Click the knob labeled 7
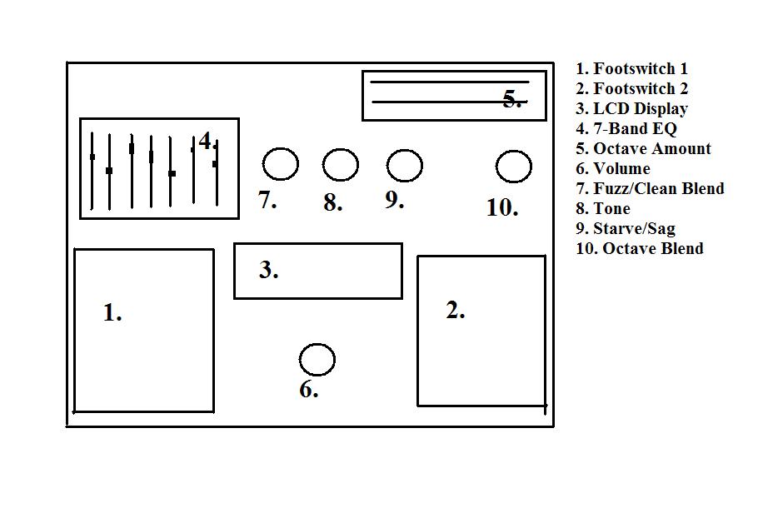pos(280,164)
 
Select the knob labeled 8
pos(340,165)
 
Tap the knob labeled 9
pos(404,165)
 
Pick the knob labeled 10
pos(513,167)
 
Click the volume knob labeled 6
pos(317,360)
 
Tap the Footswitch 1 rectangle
pos(144,330)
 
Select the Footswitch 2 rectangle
pos(481,331)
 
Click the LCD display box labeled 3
pos(318,271)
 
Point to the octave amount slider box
pos(454,96)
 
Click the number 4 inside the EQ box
pos(206,142)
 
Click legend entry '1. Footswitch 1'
pos(632,69)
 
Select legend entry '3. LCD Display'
pos(632,109)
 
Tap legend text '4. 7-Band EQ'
pos(626,129)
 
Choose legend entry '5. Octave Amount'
pos(644,149)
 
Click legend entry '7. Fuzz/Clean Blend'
pos(651,189)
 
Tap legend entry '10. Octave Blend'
pos(640,249)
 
